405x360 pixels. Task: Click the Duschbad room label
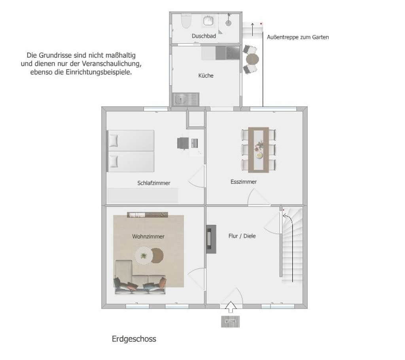pyautogui.click(x=204, y=36)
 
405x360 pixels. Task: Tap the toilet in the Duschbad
pyautogui.click(x=186, y=21)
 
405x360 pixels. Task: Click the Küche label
pyautogui.click(x=206, y=75)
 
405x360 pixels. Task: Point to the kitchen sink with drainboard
pyautogui.click(x=186, y=99)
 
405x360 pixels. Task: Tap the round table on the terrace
pyautogui.click(x=252, y=59)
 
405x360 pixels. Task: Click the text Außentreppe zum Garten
pyautogui.click(x=298, y=37)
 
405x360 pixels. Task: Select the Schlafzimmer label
pyautogui.click(x=154, y=183)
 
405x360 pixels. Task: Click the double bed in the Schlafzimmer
pyautogui.click(x=131, y=151)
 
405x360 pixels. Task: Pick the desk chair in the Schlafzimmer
pyautogui.click(x=183, y=143)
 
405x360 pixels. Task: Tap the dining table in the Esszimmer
pyautogui.click(x=258, y=150)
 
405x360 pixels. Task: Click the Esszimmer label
pyautogui.click(x=244, y=182)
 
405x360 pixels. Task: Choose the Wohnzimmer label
pyautogui.click(x=148, y=236)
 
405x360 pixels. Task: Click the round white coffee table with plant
pyautogui.click(x=144, y=256)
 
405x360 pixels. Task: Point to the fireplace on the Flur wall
pyautogui.click(x=211, y=239)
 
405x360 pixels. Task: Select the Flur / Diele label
pyautogui.click(x=242, y=236)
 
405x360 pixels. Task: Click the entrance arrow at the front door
pyautogui.click(x=231, y=307)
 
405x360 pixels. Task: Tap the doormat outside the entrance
pyautogui.click(x=231, y=322)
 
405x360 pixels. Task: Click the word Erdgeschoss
pyautogui.click(x=134, y=339)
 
